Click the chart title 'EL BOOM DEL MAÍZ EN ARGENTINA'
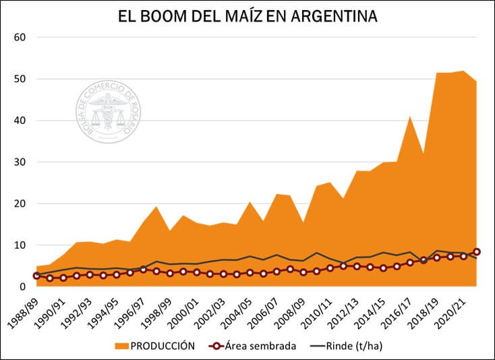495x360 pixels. click(x=247, y=16)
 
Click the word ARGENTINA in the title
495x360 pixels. click(x=334, y=16)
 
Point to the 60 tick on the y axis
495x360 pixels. click(x=20, y=37)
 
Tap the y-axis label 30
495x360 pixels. click(x=20, y=162)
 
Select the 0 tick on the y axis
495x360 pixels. click(x=22, y=287)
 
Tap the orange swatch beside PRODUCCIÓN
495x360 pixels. click(x=121, y=346)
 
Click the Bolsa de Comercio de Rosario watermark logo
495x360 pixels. click(x=109, y=112)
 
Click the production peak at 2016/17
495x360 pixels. click(x=410, y=117)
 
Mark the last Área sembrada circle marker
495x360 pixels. click(x=477, y=251)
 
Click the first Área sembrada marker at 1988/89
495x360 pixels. click(x=36, y=276)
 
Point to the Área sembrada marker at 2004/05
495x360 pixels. click(x=250, y=272)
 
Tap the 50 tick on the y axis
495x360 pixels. click(x=20, y=79)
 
